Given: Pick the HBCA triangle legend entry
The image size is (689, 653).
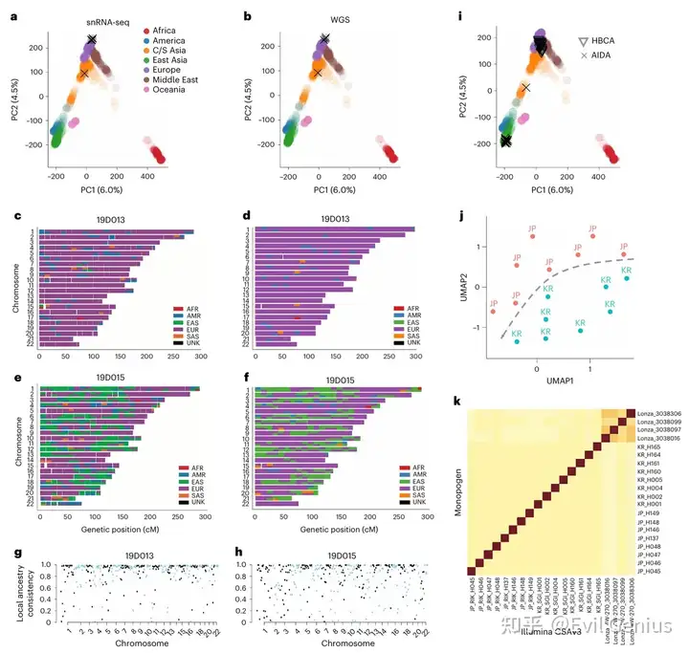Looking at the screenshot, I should coord(603,42).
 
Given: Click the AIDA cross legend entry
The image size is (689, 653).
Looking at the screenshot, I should coord(603,57).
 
